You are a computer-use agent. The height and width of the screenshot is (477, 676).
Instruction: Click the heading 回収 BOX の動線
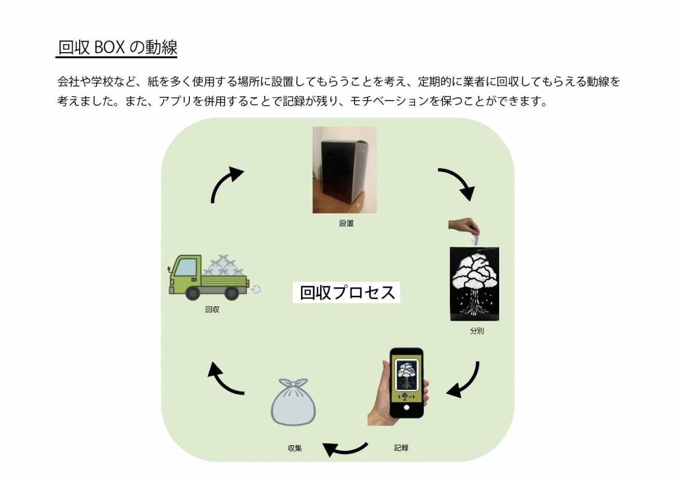[118, 48]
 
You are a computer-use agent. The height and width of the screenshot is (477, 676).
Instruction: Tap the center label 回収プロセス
[347, 292]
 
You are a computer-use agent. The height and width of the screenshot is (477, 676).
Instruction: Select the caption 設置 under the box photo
[346, 223]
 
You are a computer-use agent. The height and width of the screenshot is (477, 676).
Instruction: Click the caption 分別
[476, 331]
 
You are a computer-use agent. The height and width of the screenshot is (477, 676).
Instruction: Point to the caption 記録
[401, 447]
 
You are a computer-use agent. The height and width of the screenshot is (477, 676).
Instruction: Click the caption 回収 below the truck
[212, 309]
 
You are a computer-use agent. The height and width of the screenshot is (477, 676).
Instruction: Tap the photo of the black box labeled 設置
[344, 170]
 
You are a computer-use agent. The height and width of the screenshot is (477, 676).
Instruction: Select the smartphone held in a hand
[407, 382]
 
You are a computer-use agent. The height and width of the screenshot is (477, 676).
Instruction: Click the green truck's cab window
[186, 267]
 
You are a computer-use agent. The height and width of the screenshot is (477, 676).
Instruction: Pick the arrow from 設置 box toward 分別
[458, 183]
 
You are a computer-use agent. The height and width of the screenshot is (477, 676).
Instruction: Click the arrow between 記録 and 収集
[344, 448]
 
